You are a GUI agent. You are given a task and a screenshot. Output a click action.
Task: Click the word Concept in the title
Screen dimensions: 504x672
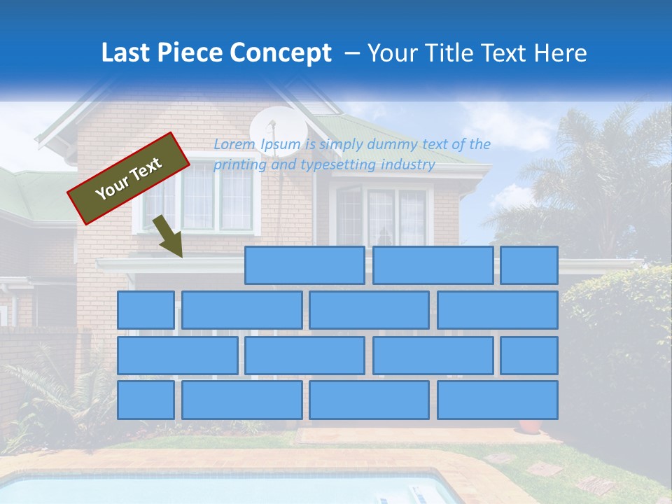click(281, 53)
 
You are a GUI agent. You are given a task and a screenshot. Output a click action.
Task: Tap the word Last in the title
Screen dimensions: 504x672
click(128, 53)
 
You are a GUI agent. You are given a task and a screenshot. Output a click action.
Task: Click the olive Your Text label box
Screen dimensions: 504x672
click(129, 178)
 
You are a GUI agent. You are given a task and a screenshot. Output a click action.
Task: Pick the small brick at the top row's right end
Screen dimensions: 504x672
click(529, 265)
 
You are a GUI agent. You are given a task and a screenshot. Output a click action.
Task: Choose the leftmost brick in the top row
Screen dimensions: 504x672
click(304, 265)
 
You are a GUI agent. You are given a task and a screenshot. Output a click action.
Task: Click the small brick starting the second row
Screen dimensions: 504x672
click(146, 309)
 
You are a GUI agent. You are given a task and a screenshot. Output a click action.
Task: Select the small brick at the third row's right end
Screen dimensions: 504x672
click(529, 355)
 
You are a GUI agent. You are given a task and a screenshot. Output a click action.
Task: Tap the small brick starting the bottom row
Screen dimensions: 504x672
click(146, 400)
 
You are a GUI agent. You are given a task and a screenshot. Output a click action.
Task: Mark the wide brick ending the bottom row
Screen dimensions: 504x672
click(498, 400)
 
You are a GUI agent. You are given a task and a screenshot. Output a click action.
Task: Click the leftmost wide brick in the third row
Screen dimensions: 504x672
click(178, 355)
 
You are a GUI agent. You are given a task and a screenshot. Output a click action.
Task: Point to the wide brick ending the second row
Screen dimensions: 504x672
click(498, 309)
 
